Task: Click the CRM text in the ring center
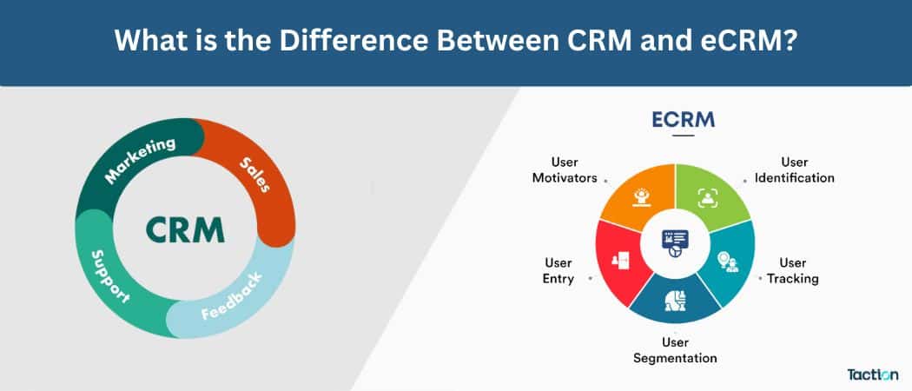184,229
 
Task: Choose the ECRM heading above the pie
684,119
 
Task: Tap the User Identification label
794,169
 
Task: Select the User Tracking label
792,270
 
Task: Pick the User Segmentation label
675,349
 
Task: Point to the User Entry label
558,270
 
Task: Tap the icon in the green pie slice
707,195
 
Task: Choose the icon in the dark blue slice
673,298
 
